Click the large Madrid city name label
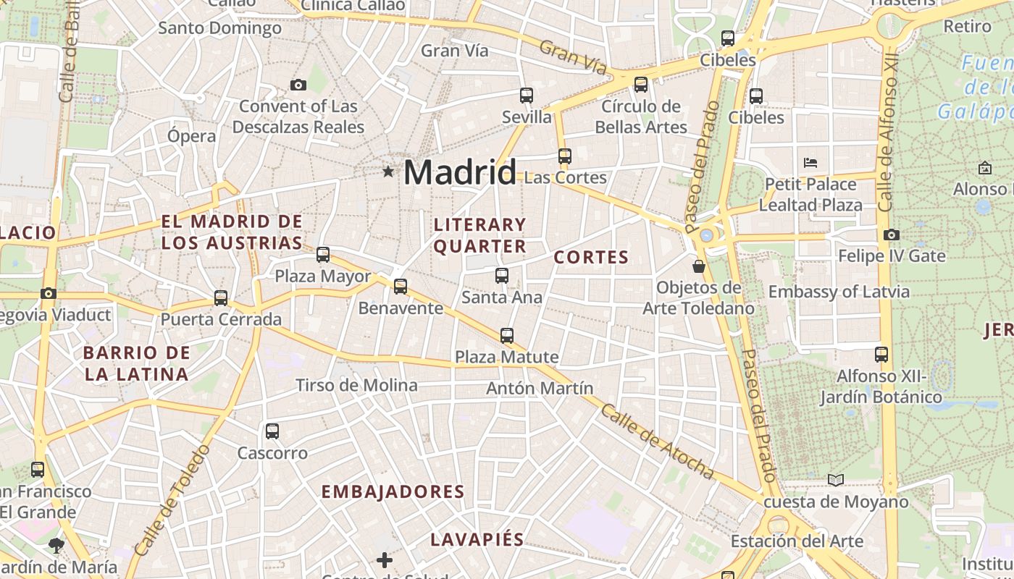pyautogui.click(x=459, y=172)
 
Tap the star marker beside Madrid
pyautogui.click(x=388, y=172)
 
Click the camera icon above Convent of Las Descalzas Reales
pyautogui.click(x=298, y=85)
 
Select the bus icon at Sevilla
pyautogui.click(x=527, y=95)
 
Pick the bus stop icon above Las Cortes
pyautogui.click(x=565, y=156)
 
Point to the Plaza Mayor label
pyautogui.click(x=322, y=276)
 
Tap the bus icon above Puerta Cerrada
pyautogui.click(x=221, y=297)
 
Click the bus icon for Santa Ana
pyautogui.click(x=502, y=275)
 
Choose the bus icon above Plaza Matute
pyautogui.click(x=507, y=335)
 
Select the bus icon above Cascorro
pyautogui.click(x=272, y=431)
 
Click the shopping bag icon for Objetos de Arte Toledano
pyautogui.click(x=699, y=266)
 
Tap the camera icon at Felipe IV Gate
pyautogui.click(x=892, y=234)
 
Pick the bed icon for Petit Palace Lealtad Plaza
pyautogui.click(x=810, y=162)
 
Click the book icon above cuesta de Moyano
pyautogui.click(x=836, y=480)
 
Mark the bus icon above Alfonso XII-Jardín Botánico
pyautogui.click(x=881, y=355)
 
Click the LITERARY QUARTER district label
pyautogui.click(x=479, y=235)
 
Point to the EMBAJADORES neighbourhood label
pyautogui.click(x=393, y=492)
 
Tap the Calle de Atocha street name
pyautogui.click(x=657, y=441)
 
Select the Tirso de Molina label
pyautogui.click(x=356, y=385)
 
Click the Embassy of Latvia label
pyautogui.click(x=839, y=292)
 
